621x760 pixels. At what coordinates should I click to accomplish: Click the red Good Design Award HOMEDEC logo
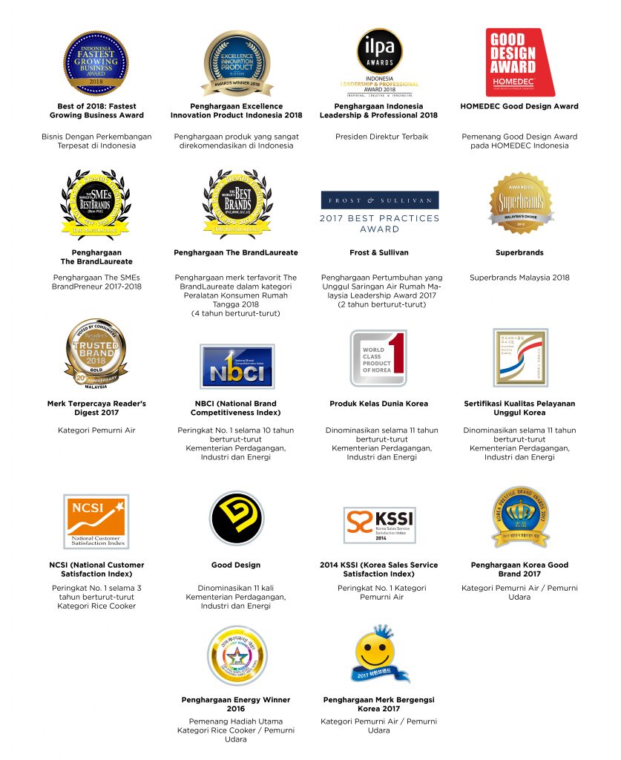[x=519, y=62]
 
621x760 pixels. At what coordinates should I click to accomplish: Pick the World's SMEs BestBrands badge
[x=96, y=203]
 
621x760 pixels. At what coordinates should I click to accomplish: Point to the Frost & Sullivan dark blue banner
[x=379, y=200]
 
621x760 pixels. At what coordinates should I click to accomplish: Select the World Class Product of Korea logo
[x=379, y=358]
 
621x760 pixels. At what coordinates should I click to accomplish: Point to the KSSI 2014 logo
[x=379, y=524]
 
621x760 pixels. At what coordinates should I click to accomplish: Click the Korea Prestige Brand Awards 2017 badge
[x=520, y=517]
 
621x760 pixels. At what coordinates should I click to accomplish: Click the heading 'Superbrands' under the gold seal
[x=519, y=253]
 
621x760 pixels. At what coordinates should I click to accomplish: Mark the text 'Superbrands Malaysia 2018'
[x=519, y=278]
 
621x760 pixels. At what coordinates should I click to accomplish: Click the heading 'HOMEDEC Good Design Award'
[x=519, y=106]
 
